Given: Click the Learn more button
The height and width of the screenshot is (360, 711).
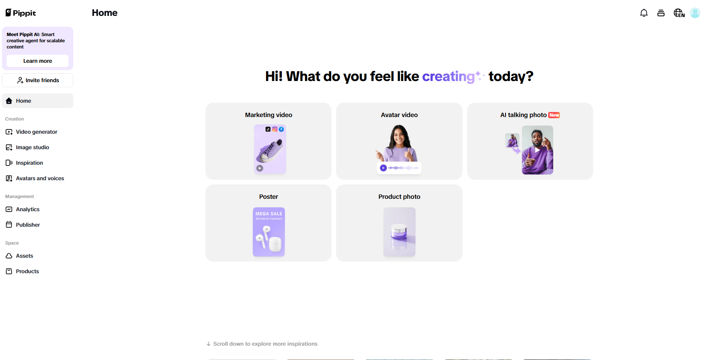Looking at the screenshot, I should pyautogui.click(x=38, y=61).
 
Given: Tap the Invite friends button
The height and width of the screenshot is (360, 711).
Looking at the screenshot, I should pyautogui.click(x=38, y=80).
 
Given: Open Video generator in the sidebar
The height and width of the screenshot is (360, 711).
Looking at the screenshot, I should pyautogui.click(x=36, y=132).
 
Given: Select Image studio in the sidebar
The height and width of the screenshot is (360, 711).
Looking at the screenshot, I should pyautogui.click(x=32, y=147).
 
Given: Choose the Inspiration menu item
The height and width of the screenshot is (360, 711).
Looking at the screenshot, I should pyautogui.click(x=29, y=163).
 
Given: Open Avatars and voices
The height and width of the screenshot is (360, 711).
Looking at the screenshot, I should pyautogui.click(x=40, y=178).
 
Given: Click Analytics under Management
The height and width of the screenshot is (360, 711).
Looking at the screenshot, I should pyautogui.click(x=28, y=209).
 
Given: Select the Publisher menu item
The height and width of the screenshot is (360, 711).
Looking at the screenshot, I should pyautogui.click(x=28, y=225).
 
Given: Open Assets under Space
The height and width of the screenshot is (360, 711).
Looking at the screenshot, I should pyautogui.click(x=24, y=256).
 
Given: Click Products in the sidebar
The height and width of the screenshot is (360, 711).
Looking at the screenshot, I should pyautogui.click(x=27, y=271).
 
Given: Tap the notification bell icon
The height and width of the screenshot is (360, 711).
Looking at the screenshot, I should pyautogui.click(x=644, y=13).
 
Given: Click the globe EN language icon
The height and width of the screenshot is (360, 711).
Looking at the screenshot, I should pyautogui.click(x=679, y=13).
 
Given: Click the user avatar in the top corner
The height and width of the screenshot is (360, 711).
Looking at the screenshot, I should pyautogui.click(x=695, y=13).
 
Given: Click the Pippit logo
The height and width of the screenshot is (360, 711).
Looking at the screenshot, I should pyautogui.click(x=21, y=13).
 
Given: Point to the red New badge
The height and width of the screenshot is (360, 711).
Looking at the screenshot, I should pyautogui.click(x=554, y=115).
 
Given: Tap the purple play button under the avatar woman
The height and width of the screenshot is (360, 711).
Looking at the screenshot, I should pyautogui.click(x=383, y=168).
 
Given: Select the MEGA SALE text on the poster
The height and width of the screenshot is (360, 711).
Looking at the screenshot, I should pyautogui.click(x=269, y=214).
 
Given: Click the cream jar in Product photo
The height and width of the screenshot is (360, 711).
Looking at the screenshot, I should pyautogui.click(x=399, y=232).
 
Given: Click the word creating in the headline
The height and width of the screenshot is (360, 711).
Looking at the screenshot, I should pyautogui.click(x=448, y=77).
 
